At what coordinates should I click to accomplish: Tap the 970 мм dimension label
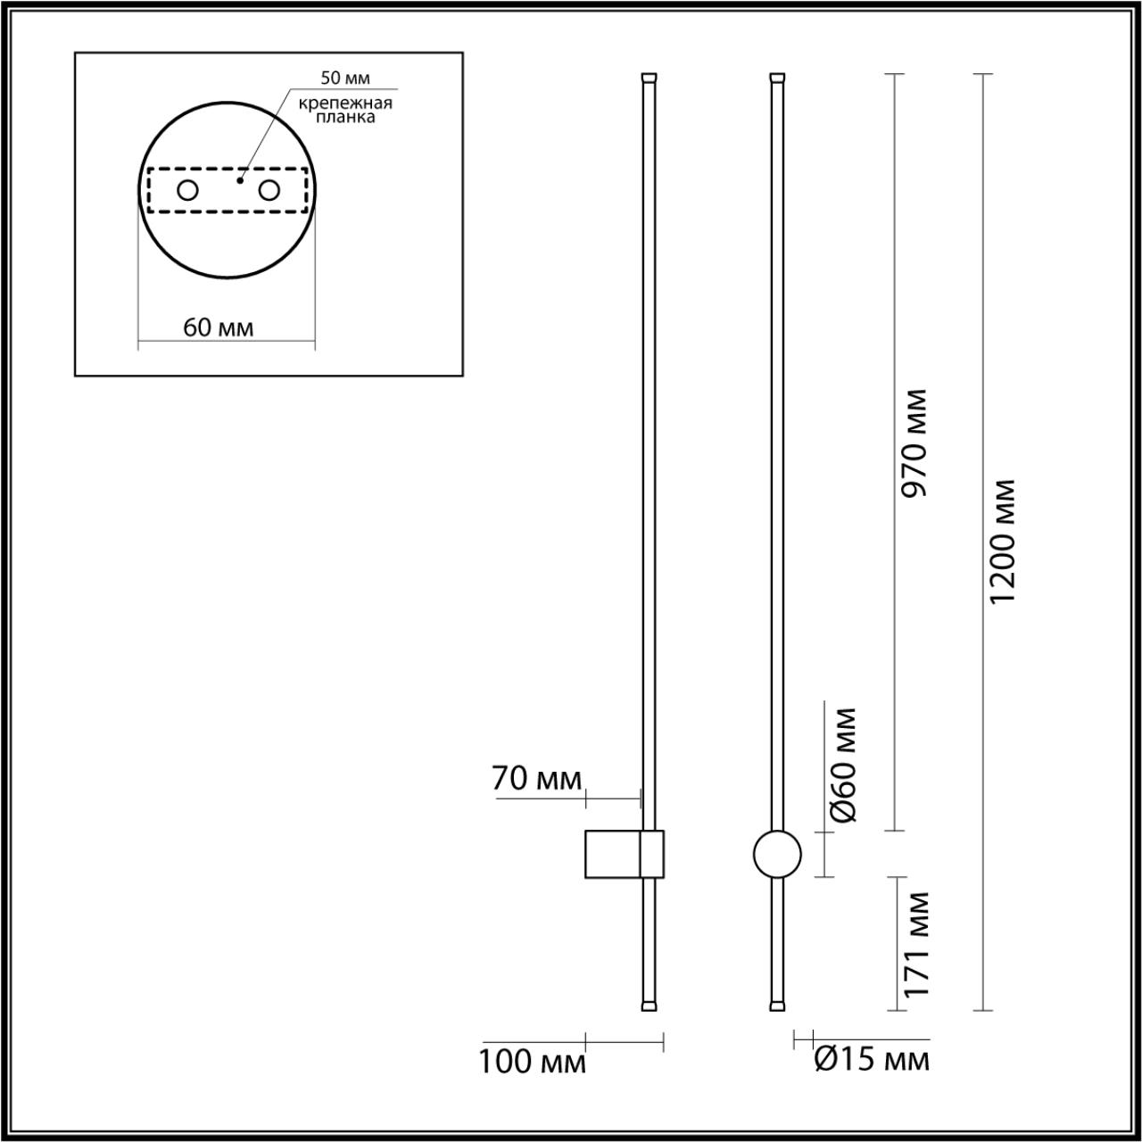pos(915,443)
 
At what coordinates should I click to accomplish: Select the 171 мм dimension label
pos(915,944)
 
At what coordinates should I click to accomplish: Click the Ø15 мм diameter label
pos(872,1060)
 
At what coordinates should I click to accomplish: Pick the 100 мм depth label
pos(533,1063)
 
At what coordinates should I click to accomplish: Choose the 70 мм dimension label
pos(535,779)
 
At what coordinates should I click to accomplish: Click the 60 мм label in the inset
pos(219,327)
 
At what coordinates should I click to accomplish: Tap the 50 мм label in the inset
pos(345,80)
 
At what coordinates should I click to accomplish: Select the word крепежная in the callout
pos(346,103)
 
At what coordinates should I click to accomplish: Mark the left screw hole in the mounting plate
pos(188,189)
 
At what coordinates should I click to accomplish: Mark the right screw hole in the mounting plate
pos(269,189)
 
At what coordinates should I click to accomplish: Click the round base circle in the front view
pos(777,854)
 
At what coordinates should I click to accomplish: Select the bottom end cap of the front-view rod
pos(778,1005)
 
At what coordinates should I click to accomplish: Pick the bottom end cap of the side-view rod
pos(649,1005)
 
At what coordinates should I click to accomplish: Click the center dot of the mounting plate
pos(239,180)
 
